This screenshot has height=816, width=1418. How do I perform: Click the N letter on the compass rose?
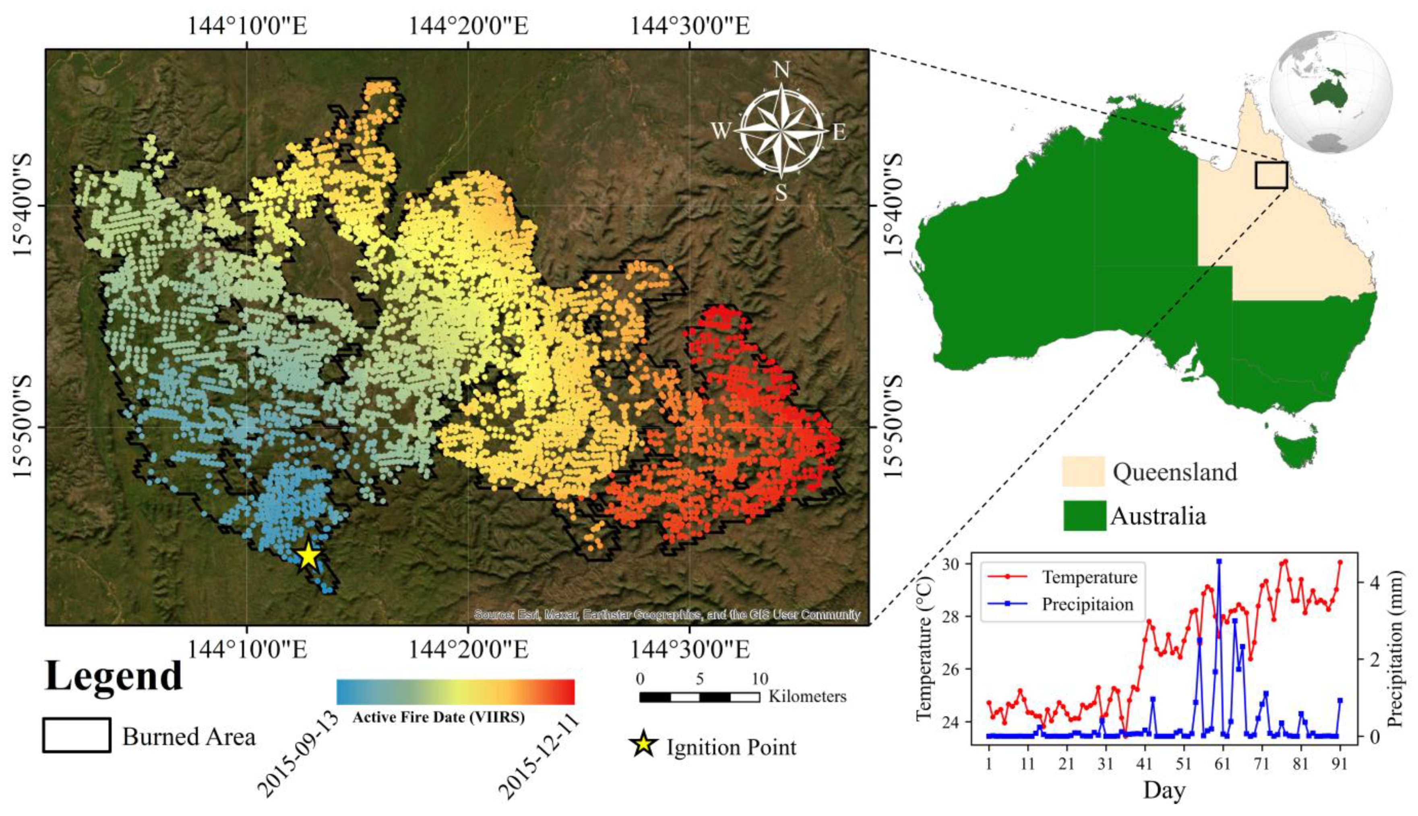click(x=781, y=70)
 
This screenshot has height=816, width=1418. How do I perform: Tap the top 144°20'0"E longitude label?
click(x=468, y=26)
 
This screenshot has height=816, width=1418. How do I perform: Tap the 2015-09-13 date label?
click(x=299, y=754)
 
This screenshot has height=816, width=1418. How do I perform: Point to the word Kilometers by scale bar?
click(x=807, y=697)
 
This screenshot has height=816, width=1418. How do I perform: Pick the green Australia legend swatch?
click(x=1084, y=516)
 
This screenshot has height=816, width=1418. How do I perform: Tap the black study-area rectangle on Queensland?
click(x=1271, y=175)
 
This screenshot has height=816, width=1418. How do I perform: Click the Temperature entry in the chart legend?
click(x=1089, y=577)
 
